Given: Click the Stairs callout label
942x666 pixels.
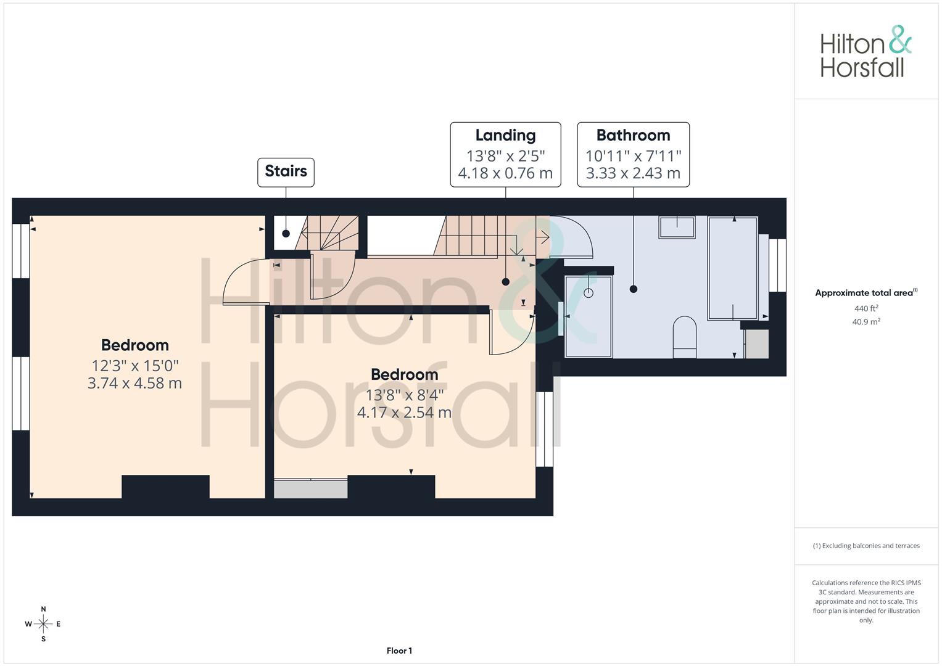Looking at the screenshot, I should (286, 171).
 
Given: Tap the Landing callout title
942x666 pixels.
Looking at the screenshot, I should (505, 136).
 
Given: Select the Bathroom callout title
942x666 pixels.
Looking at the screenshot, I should (633, 136).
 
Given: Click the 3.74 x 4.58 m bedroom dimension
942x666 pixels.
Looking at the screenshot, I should (134, 383).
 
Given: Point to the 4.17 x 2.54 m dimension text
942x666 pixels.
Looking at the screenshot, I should (404, 413).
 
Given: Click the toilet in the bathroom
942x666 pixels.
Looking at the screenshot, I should (684, 337).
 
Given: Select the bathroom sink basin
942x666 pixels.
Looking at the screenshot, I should (677, 227).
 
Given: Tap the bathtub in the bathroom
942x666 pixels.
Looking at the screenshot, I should (732, 268).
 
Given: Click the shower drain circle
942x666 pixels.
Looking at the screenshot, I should (589, 293).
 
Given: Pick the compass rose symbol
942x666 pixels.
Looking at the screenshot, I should (43, 624).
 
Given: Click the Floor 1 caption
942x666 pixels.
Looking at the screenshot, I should (399, 651).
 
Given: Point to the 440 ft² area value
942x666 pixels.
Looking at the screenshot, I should (866, 308).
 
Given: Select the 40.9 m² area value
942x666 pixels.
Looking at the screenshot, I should (866, 321).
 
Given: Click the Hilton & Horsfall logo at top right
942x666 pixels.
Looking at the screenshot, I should (866, 52).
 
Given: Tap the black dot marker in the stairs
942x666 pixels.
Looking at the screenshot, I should (286, 234).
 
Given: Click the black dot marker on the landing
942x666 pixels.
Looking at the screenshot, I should (506, 282).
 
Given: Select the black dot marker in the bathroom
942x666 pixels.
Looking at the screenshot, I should (633, 289).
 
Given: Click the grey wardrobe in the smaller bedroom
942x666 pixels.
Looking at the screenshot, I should (310, 488).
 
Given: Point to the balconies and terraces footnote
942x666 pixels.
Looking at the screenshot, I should (866, 546).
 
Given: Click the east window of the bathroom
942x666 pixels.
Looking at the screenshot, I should (777, 265).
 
